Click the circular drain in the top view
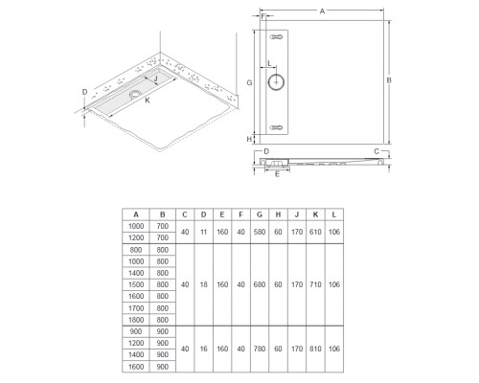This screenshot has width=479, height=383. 276,82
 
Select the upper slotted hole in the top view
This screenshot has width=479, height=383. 277,37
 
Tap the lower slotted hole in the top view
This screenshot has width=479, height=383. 277,127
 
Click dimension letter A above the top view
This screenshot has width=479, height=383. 322,11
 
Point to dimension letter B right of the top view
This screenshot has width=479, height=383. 389,80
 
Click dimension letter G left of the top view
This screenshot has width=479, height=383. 250,83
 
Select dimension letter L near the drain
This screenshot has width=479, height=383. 269,63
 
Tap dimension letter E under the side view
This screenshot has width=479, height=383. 277,174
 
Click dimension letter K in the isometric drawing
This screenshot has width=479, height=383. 148,101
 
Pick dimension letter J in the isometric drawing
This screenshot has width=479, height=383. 156,79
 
